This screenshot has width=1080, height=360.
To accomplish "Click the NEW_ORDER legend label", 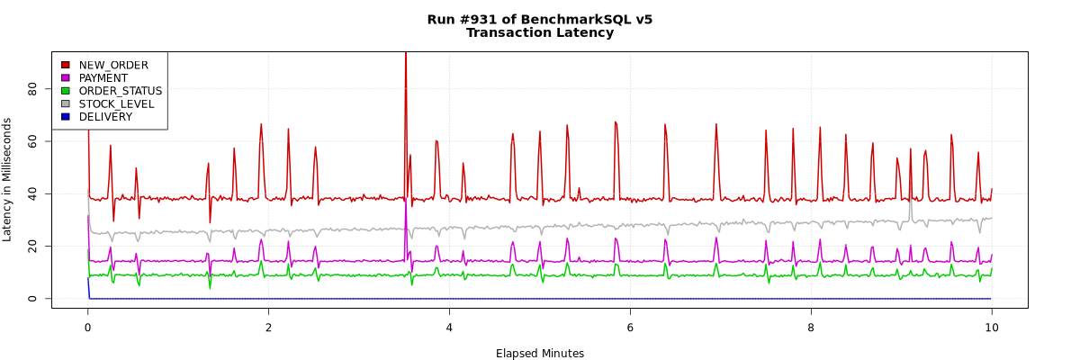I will (113, 65).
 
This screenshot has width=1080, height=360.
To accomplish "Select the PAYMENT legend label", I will (103, 78).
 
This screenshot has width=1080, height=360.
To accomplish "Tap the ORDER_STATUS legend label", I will (121, 91).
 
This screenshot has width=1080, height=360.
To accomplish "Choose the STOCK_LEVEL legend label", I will (116, 104).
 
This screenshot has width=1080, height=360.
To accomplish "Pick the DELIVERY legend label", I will (105, 117).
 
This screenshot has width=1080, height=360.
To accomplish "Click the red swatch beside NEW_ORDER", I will (65, 65).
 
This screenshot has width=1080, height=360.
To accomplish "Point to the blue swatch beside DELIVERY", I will (65, 117).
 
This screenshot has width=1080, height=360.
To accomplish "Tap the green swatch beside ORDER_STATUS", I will (65, 91).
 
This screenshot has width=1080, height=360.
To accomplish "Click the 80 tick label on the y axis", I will (32, 88).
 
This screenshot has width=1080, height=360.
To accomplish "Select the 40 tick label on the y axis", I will (32, 193).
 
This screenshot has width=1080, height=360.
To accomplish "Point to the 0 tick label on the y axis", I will (32, 299).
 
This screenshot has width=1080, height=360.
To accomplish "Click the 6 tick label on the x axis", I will (630, 328).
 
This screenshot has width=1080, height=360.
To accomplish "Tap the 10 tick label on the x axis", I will (992, 328).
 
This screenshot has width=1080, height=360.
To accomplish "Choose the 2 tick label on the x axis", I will (268, 328).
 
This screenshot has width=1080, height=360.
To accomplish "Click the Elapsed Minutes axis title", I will (540, 354).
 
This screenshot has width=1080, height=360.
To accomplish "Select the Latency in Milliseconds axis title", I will (8, 180).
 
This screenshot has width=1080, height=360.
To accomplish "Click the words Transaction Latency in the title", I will (540, 33).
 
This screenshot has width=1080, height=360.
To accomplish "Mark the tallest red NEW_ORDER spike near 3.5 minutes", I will (406, 56).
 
